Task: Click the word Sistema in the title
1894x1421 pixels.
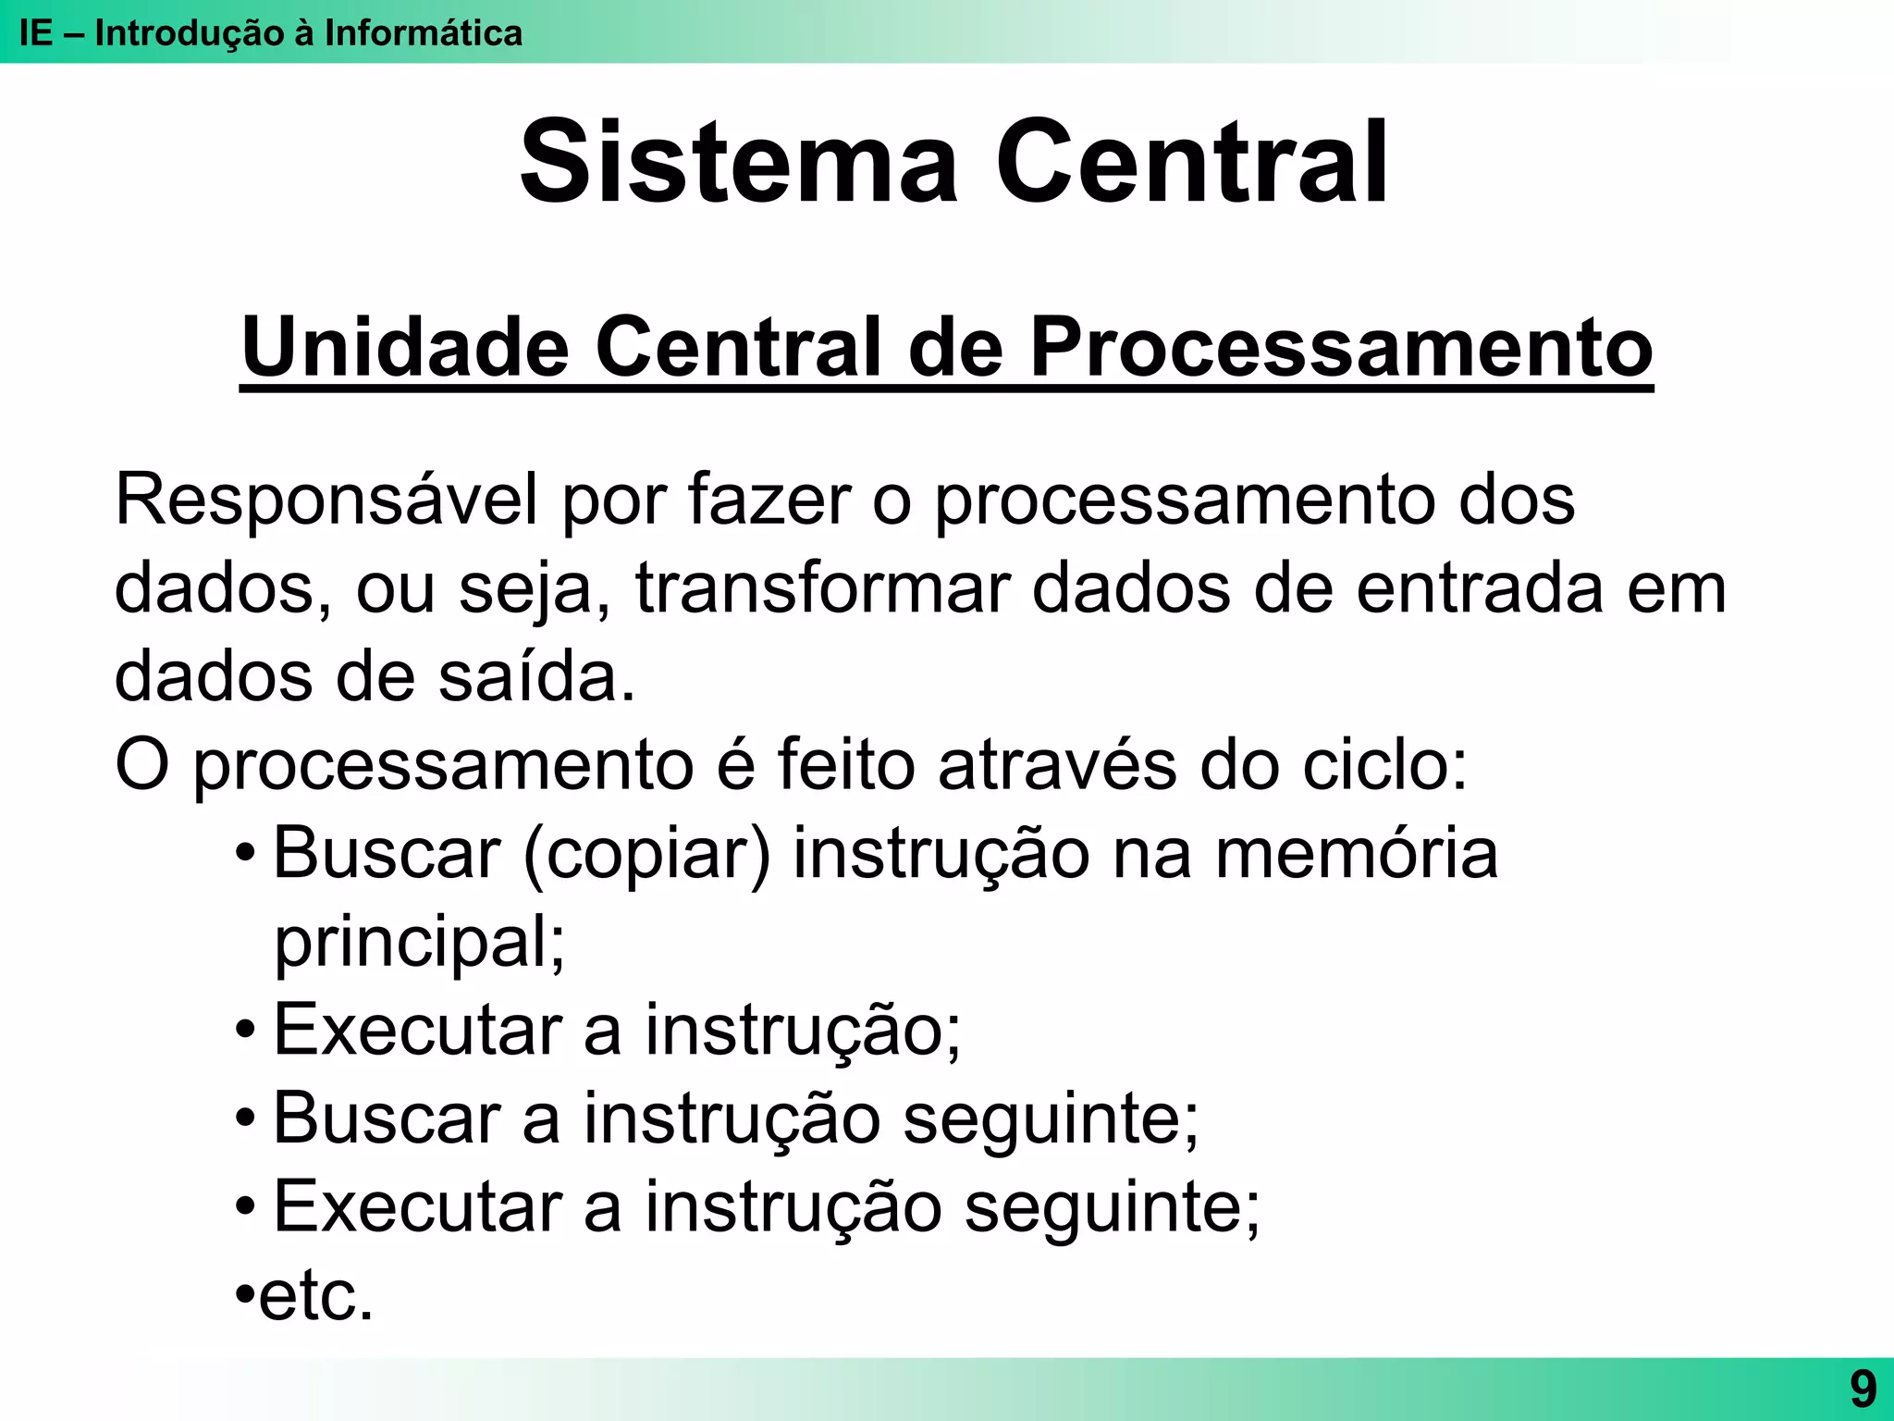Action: [739, 162]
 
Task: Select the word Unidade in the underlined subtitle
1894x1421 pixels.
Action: [405, 348]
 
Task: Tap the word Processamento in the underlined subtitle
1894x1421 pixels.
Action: [1341, 348]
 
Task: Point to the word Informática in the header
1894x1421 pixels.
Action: [424, 33]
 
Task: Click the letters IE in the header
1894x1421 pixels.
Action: [35, 33]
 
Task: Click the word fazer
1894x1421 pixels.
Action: [769, 500]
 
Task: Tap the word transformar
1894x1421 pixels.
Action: [823, 589]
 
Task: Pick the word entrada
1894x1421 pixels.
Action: [1480, 589]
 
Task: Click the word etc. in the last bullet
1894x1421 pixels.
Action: [315, 1296]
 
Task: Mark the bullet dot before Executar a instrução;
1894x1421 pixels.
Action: [245, 1029]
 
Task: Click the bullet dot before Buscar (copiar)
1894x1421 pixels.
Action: [245, 852]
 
